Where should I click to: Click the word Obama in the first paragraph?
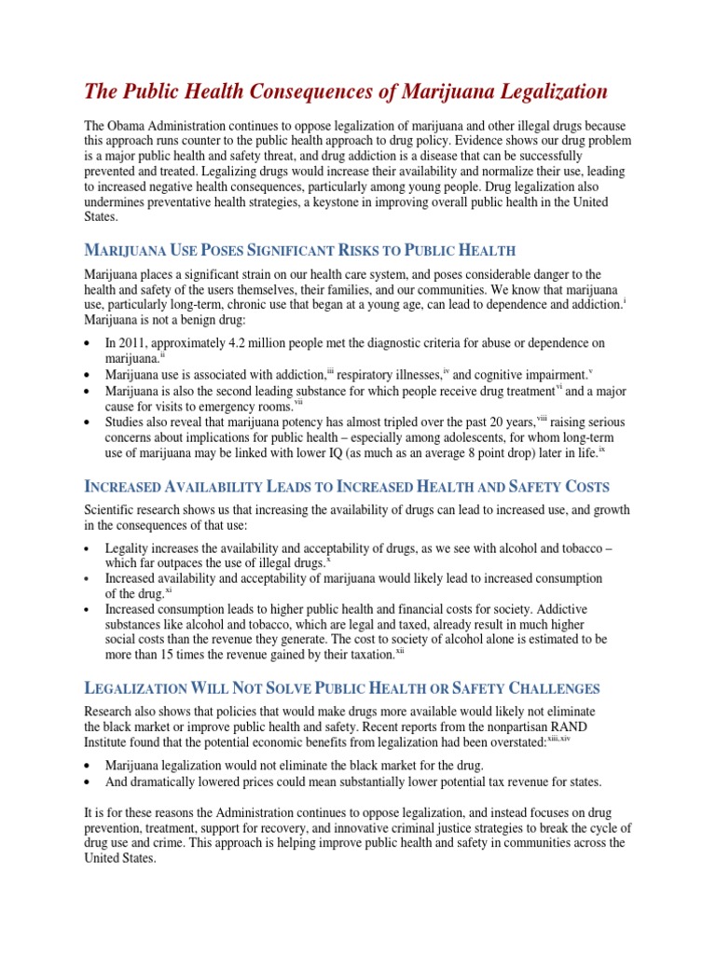point(128,126)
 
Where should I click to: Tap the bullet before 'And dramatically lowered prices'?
point(88,782)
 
